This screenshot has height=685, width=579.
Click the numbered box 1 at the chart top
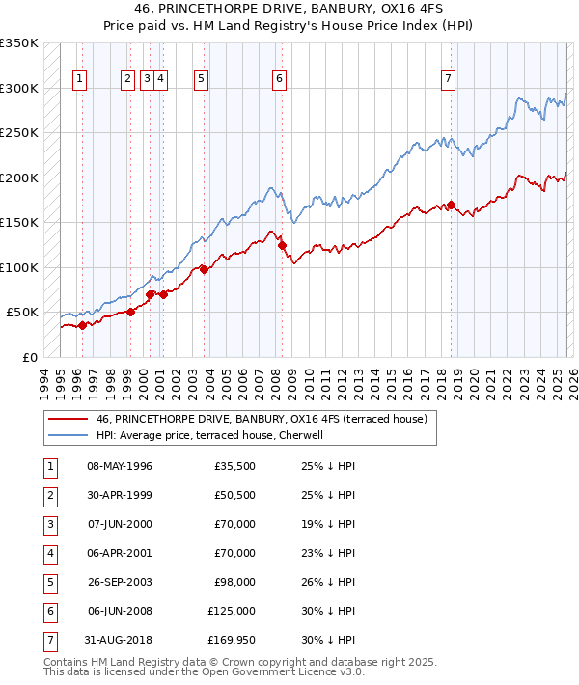78,80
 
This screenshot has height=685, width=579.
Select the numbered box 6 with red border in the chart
279,80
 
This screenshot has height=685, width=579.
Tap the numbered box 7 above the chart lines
449,80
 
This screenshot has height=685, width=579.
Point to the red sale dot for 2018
452,205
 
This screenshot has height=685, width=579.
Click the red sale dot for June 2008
282,245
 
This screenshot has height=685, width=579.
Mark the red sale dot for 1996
82,325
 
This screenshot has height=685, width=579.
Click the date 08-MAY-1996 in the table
120,466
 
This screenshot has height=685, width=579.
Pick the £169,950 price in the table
232,640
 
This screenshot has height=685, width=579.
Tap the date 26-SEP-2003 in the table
120,582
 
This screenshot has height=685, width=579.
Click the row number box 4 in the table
48,553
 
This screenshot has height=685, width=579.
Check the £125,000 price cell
232,611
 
